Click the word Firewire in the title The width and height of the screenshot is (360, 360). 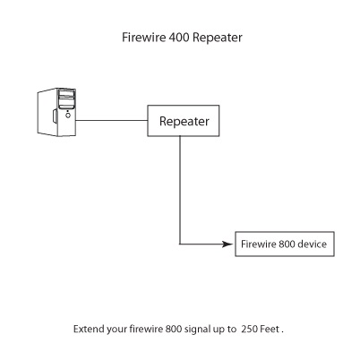[x=144, y=38]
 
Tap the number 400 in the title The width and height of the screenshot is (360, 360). [x=179, y=38]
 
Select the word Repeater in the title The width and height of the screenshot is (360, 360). [x=218, y=38]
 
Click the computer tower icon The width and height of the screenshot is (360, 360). [x=56, y=112]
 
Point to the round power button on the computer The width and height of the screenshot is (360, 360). [x=68, y=115]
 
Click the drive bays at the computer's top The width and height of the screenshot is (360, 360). [x=66, y=99]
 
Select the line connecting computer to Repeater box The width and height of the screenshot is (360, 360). [x=112, y=121]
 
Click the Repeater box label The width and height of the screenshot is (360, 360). [x=184, y=121]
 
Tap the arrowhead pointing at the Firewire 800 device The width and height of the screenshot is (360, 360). [x=227, y=244]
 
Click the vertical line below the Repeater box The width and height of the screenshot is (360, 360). [x=180, y=190]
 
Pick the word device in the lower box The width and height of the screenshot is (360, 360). [x=312, y=244]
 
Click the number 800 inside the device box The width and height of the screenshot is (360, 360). [x=287, y=244]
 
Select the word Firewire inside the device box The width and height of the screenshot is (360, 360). [x=258, y=244]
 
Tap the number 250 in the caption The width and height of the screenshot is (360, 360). [x=249, y=329]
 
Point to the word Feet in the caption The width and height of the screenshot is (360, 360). [x=270, y=329]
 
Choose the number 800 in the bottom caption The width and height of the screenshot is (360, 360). [x=174, y=329]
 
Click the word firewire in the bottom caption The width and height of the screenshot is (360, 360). [x=146, y=329]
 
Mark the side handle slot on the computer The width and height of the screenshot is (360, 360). [x=55, y=116]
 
